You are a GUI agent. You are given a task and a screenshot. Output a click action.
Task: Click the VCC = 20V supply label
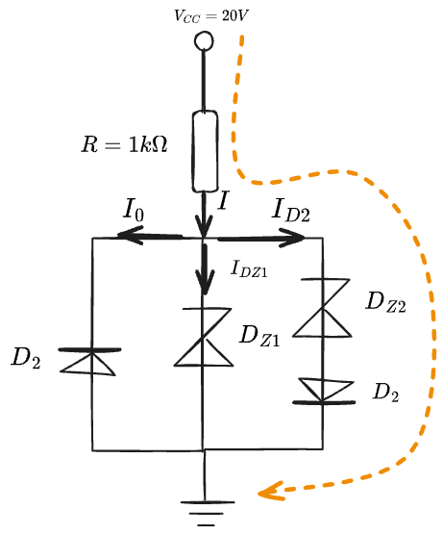211,15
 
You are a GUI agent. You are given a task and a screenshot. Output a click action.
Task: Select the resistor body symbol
205,151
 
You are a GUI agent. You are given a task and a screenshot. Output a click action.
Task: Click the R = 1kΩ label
124,144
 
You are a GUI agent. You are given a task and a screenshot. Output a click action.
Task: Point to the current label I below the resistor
223,200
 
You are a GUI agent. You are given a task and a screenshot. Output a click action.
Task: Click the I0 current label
134,209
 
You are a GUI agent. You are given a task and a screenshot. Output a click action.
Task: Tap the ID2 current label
290,210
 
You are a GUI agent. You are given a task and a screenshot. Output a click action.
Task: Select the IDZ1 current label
249,268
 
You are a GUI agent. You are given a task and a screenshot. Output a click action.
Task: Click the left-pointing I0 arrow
150,236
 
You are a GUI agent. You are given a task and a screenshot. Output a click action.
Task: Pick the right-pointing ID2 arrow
260,238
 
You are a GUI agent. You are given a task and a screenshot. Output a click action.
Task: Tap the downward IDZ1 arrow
205,268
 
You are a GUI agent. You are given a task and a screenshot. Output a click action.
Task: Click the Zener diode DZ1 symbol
204,337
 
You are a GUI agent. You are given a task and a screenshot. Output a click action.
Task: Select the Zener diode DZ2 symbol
322,308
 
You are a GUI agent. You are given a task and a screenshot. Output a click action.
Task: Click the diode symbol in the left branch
89,362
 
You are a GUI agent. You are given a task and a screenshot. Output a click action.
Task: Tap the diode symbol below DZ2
324,391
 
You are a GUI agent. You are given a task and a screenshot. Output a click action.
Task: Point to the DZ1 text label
259,336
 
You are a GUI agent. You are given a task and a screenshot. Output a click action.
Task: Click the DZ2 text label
385,302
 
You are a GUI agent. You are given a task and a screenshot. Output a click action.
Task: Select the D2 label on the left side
26,358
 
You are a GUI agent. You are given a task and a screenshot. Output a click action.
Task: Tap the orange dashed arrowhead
271,492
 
